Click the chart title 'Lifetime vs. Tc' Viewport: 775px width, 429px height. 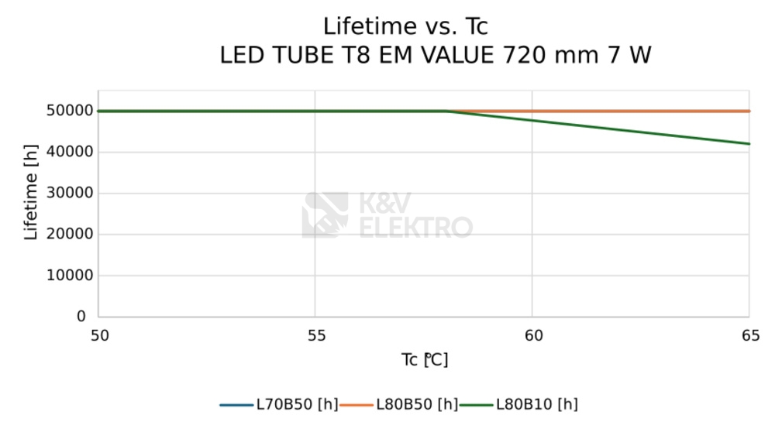click(x=405, y=26)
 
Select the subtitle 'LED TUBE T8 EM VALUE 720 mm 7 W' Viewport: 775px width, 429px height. click(x=436, y=56)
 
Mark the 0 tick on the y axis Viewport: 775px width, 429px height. click(x=81, y=317)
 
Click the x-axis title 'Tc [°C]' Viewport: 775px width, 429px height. click(x=425, y=360)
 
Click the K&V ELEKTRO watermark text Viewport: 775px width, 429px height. click(x=415, y=216)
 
